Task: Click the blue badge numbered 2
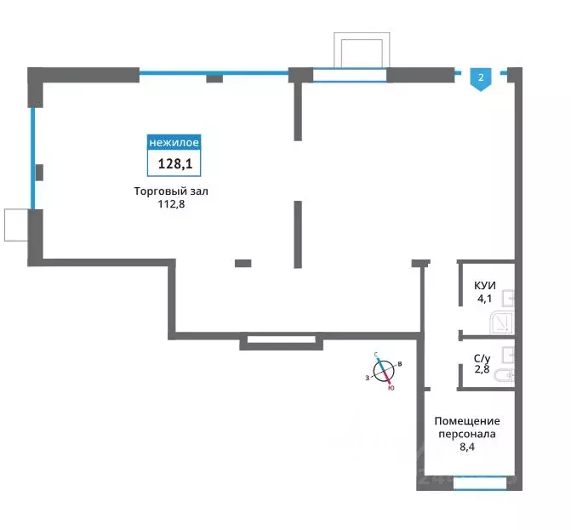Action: pyautogui.click(x=481, y=79)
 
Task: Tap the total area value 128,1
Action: pyautogui.click(x=174, y=164)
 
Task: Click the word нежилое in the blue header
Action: pyautogui.click(x=174, y=142)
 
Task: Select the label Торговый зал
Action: pyautogui.click(x=171, y=191)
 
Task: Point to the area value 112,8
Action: pyautogui.click(x=171, y=204)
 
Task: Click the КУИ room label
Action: pyautogui.click(x=485, y=286)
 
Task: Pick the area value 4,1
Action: pyautogui.click(x=485, y=299)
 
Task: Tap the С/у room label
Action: pyautogui.click(x=482, y=358)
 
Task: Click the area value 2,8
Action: pyautogui.click(x=482, y=369)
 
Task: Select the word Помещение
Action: pyautogui.click(x=467, y=421)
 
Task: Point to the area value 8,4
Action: pyautogui.click(x=467, y=447)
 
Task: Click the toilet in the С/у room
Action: pyautogui.click(x=505, y=375)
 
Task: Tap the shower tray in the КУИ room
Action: pyautogui.click(x=501, y=322)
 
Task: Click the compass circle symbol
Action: pyautogui.click(x=384, y=372)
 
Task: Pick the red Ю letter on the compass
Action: pyautogui.click(x=391, y=389)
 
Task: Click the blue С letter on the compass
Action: pyautogui.click(x=376, y=354)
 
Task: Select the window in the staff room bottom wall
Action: pyautogui.click(x=480, y=483)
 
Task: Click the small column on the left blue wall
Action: pyautogui.click(x=39, y=173)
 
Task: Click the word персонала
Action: pyautogui.click(x=467, y=434)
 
